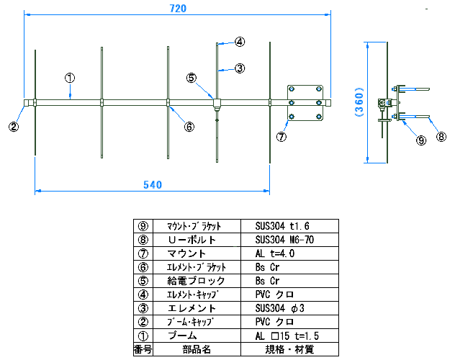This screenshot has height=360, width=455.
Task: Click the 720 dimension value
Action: [178, 9]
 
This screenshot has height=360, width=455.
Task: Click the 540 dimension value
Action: [151, 185]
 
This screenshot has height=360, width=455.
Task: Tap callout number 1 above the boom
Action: [70, 76]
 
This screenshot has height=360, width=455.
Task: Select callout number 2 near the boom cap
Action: [13, 126]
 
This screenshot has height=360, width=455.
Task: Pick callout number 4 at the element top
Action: [239, 42]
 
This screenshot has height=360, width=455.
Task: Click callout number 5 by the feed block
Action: [191, 77]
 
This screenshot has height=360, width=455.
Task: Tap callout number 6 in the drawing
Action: [189, 126]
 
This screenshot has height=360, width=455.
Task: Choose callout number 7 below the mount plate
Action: [281, 135]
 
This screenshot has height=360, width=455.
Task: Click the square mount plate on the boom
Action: [305, 103]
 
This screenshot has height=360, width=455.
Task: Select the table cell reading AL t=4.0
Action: [276, 253]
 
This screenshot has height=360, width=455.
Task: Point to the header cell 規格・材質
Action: [285, 349]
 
